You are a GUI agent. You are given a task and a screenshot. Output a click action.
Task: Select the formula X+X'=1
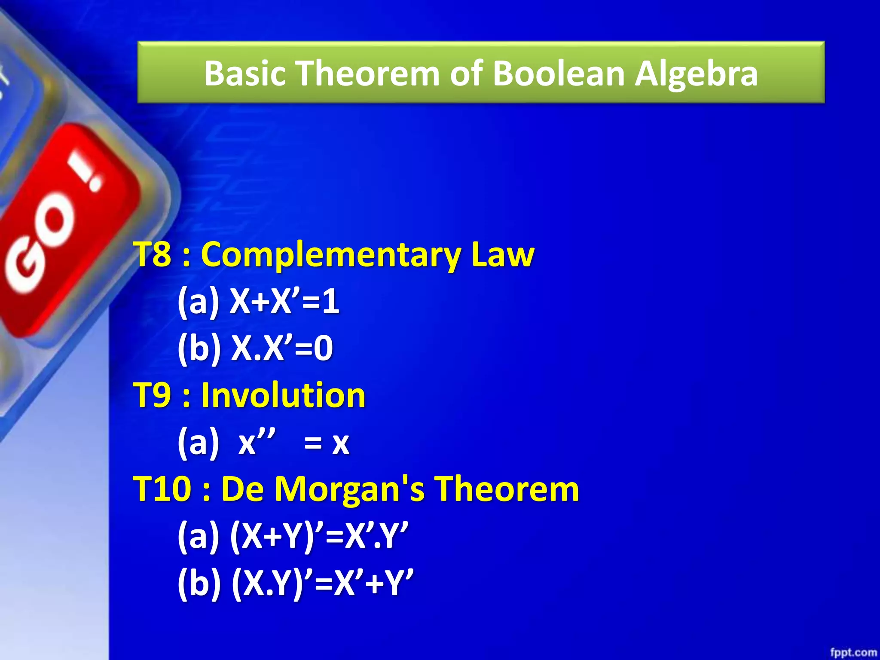284,302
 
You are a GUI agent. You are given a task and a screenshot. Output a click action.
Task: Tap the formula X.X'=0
282,348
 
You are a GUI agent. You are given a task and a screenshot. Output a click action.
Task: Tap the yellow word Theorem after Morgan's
507,489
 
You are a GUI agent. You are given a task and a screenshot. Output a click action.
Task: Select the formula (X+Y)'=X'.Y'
319,536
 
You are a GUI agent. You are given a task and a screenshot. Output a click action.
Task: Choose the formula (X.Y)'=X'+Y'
322,583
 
